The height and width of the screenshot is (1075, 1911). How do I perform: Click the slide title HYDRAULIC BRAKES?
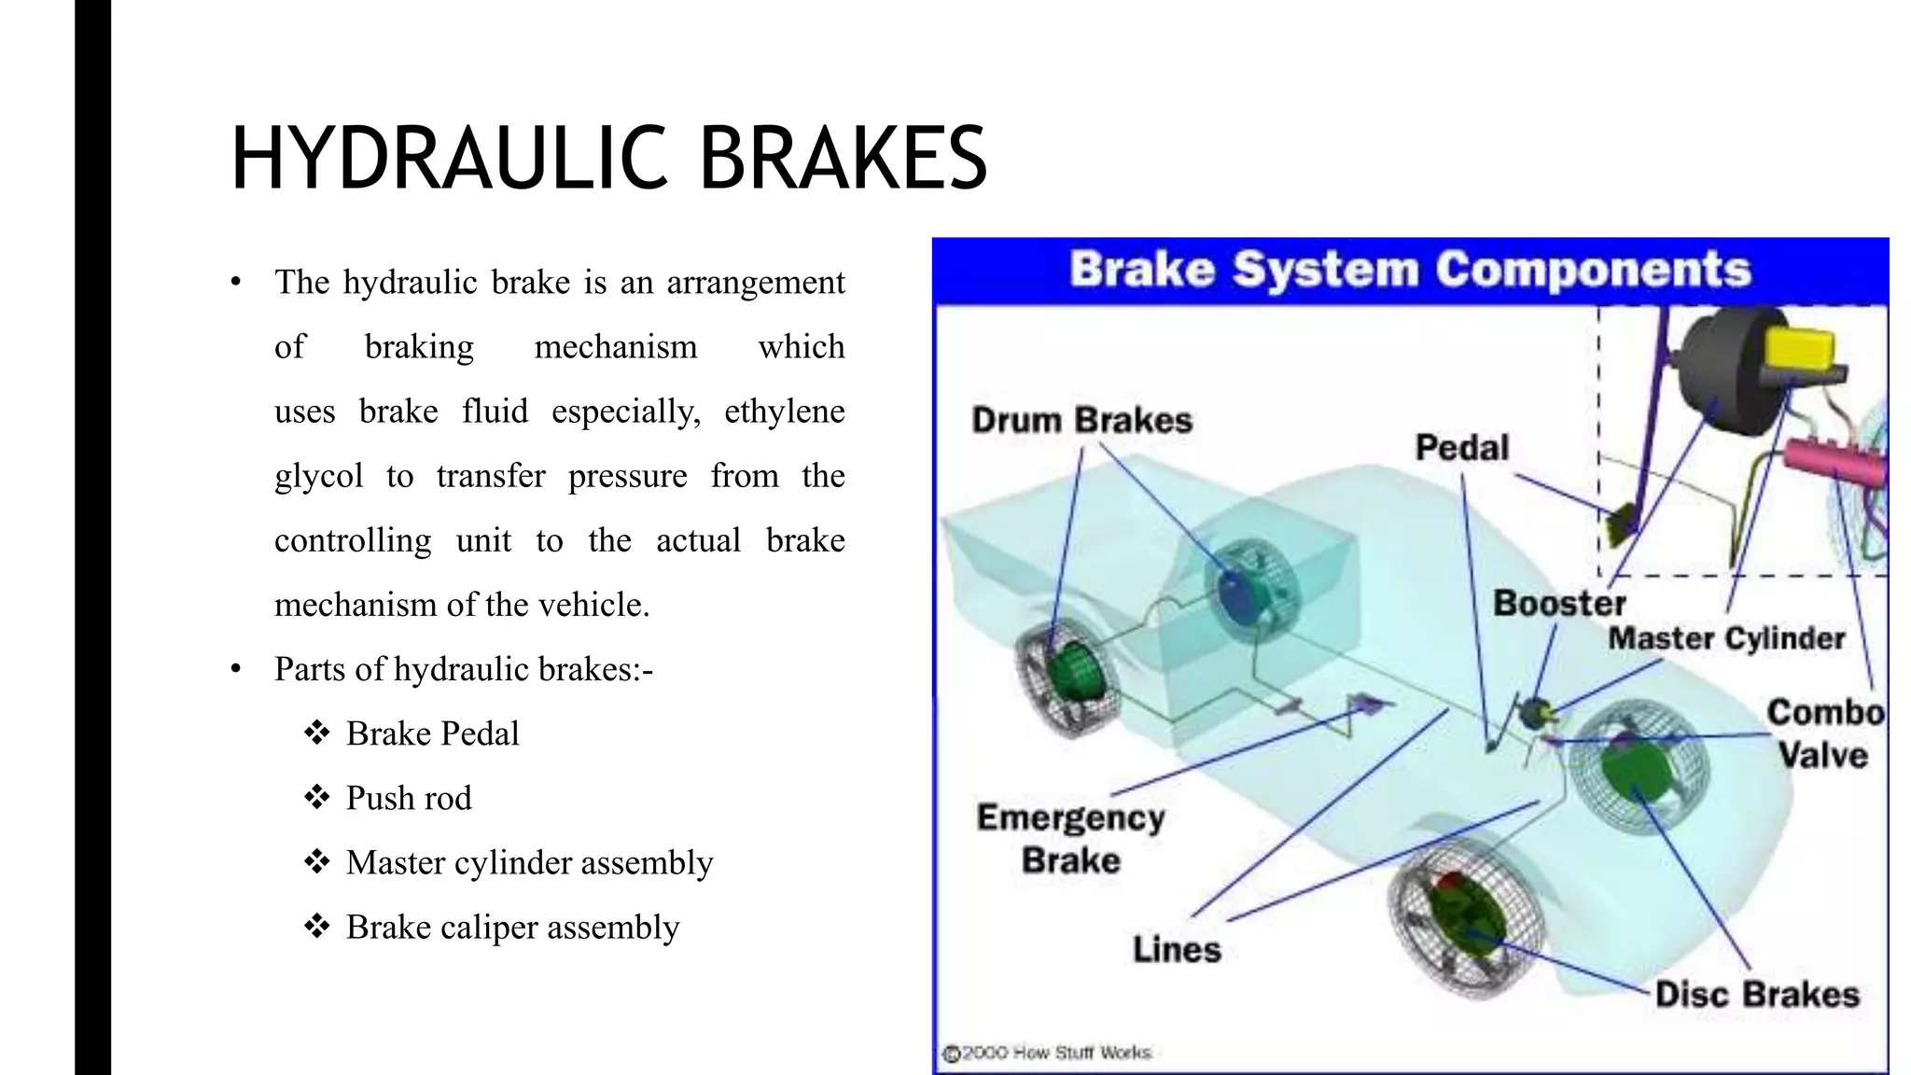[x=608, y=159]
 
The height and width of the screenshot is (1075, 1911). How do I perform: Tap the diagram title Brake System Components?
[x=1409, y=270]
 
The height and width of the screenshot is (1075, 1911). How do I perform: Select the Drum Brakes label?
[x=1081, y=421]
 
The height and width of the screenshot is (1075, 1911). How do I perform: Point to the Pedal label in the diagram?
[x=1461, y=448]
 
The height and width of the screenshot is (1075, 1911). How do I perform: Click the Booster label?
[x=1559, y=603]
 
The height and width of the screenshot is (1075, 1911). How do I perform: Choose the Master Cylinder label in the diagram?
[x=1726, y=638]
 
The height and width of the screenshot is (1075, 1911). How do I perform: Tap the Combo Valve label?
[x=1824, y=733]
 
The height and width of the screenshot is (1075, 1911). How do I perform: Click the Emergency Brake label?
[x=1070, y=838]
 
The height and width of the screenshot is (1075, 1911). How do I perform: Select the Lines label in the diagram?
[x=1177, y=950]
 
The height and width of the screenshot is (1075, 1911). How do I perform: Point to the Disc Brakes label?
[x=1757, y=995]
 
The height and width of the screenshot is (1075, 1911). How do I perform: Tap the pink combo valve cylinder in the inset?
[x=1834, y=461]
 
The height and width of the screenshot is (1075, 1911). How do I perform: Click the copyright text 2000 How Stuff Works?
[x=1055, y=1054]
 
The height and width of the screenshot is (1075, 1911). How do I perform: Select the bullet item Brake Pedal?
[x=432, y=734]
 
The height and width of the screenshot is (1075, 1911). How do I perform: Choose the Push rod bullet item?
[x=409, y=799]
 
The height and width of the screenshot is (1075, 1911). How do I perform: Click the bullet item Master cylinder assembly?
[x=529, y=863]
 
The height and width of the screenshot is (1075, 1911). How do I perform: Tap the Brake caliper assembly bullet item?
[x=512, y=928]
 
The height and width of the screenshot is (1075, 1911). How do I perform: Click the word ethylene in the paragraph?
[x=784, y=412]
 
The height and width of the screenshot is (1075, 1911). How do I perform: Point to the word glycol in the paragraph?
[x=318, y=477]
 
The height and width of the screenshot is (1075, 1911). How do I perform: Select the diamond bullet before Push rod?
[x=317, y=798]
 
